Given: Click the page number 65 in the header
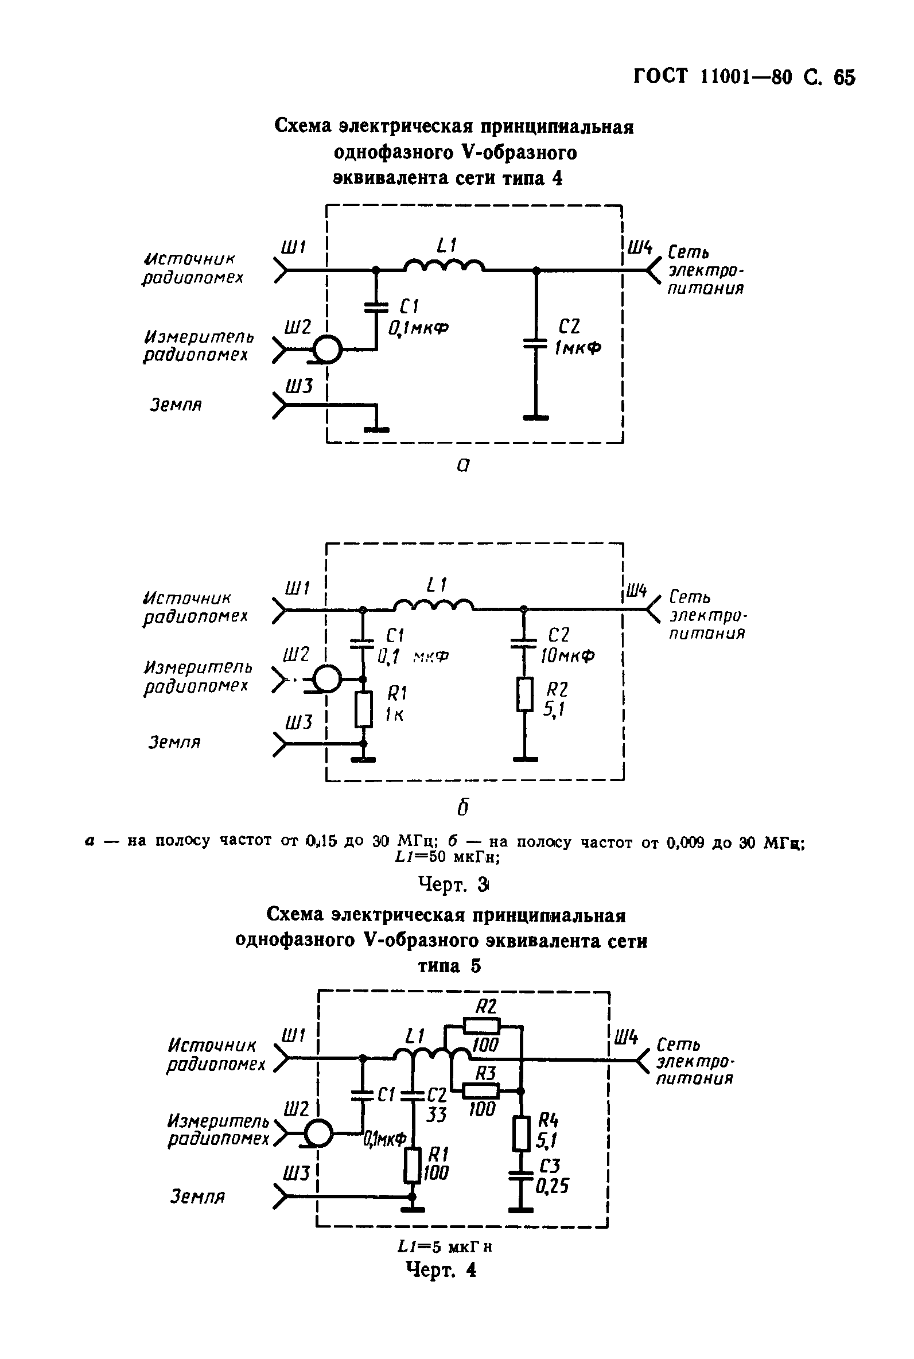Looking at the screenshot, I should pyautogui.click(x=844, y=77).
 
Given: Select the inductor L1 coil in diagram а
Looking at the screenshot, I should pyautogui.click(x=444, y=266).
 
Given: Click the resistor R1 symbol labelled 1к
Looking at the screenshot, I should pyautogui.click(x=364, y=709).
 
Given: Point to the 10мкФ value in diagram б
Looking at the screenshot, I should pyautogui.click(x=567, y=656).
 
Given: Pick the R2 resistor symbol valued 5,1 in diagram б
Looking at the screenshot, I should pyautogui.click(x=524, y=694).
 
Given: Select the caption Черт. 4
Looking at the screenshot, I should pyautogui.click(x=441, y=1269).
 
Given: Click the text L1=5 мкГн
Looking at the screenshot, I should pyautogui.click(x=445, y=1248).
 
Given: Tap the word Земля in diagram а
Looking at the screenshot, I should pyautogui.click(x=176, y=405).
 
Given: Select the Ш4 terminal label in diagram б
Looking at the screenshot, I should pyautogui.click(x=637, y=591).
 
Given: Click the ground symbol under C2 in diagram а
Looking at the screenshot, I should pyautogui.click(x=536, y=417).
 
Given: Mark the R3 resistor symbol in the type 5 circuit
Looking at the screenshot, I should pyautogui.click(x=481, y=1090).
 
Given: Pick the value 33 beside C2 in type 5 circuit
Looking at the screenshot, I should pyautogui.click(x=435, y=1114).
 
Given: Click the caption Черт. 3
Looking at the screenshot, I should pyautogui.click(x=453, y=884).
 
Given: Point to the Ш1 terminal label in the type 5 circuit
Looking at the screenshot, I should pyautogui.click(x=293, y=1036).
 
